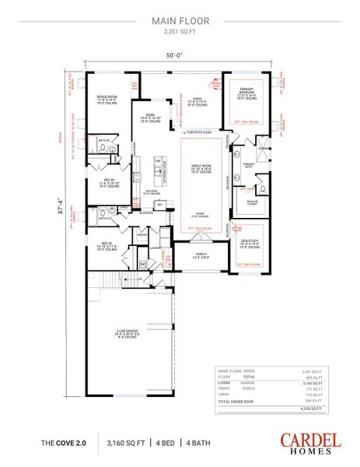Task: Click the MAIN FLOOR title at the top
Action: coord(180,23)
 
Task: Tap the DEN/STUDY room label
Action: coord(247,243)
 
